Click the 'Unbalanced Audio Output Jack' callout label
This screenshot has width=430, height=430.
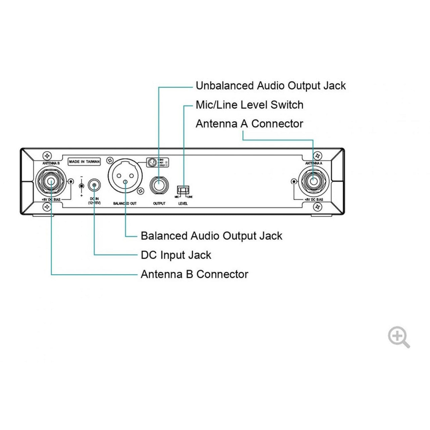270,86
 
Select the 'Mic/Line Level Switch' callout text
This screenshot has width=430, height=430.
249,105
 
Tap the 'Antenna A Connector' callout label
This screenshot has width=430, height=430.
249,124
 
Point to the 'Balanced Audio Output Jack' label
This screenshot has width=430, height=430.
211,236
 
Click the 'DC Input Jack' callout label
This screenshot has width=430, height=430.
176,255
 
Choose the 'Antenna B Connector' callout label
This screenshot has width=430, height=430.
194,274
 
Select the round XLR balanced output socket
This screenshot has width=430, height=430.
125,176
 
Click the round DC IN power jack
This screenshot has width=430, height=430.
94,185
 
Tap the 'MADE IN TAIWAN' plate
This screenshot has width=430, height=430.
84,162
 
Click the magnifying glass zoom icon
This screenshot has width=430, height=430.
398,337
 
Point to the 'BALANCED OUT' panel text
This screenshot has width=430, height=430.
125,204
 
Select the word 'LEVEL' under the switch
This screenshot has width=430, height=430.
183,204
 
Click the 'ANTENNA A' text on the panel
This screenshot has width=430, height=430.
313,163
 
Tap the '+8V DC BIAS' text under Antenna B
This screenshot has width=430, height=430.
51,200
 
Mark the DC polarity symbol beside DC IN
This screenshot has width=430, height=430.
81,186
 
